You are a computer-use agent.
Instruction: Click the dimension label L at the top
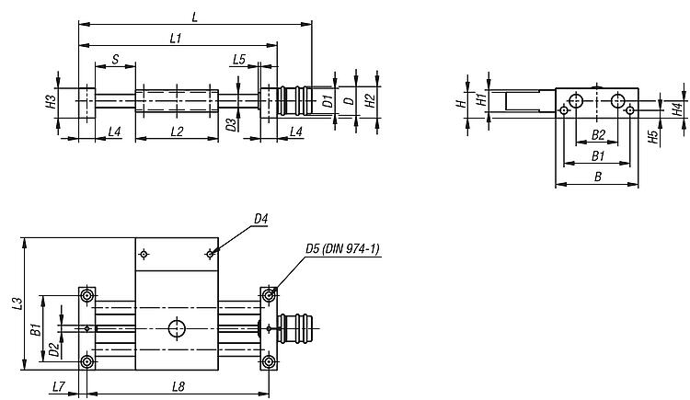pos(195,17)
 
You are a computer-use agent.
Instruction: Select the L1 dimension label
pos(176,39)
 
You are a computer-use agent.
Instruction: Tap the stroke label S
pos(115,60)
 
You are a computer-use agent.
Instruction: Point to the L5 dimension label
pos(239,60)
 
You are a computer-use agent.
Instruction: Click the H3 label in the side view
pos(52,102)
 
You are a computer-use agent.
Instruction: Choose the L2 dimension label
pos(177,131)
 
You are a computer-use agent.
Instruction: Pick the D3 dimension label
pos(232,124)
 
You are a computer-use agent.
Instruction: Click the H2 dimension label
pos(371,101)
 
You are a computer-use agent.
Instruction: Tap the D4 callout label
pos(261,219)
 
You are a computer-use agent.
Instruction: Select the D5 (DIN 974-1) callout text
pos(342,249)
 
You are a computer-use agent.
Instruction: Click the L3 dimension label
pos(17,303)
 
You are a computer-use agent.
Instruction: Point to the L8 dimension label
pos(178,387)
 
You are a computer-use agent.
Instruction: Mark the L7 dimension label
pos(59,387)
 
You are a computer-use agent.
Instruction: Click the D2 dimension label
pos(53,349)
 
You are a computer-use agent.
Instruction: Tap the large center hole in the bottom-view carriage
pos(177,328)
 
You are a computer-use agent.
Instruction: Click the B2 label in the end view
pos(598,135)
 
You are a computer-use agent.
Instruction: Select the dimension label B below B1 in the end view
pos(598,177)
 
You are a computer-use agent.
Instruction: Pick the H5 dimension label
pos(653,137)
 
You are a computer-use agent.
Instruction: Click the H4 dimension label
pos(678,109)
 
